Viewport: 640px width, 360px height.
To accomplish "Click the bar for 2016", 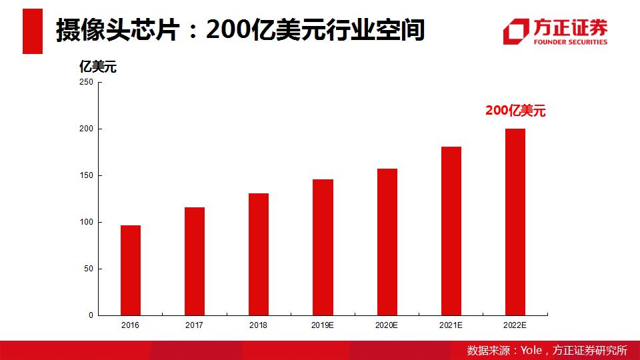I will (131, 270).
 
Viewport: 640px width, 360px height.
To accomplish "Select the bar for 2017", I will (195, 261).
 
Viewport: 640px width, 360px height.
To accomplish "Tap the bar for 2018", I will (259, 254).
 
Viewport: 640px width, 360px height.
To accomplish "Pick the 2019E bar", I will (323, 247).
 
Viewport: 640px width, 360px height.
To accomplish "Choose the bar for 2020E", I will (387, 242).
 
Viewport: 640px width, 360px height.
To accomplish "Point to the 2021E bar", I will (451, 231).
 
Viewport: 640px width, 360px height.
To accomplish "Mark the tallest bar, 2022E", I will (515, 222).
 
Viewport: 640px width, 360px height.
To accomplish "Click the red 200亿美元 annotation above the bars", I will (515, 111).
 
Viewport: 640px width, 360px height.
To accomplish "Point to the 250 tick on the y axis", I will (86, 82).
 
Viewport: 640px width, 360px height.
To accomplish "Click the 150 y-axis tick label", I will (86, 175).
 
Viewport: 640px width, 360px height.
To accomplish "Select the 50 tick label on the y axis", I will (88, 269).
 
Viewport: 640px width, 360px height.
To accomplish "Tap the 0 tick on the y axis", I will (91, 315).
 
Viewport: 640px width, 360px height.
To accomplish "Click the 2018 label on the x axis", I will (259, 325).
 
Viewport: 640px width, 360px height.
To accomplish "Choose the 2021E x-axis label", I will (451, 325).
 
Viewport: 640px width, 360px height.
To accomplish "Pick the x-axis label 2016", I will (131, 325).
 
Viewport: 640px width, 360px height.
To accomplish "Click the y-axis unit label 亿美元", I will (98, 67).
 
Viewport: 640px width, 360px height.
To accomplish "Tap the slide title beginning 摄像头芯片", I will (240, 30).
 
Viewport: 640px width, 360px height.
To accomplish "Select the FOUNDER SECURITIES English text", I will (571, 42).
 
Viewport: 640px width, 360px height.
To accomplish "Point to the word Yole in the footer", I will (531, 351).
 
